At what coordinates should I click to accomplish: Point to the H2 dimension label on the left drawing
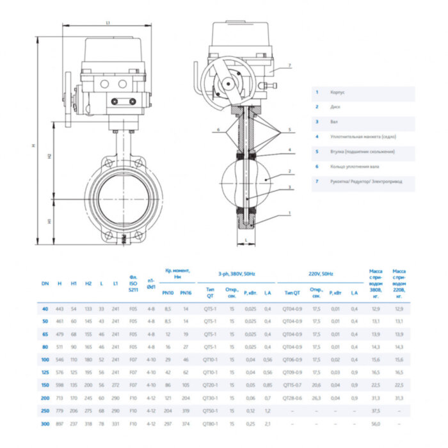(49, 156)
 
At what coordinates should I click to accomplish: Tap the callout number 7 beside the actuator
(290, 66)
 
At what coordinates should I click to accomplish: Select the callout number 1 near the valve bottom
(289, 213)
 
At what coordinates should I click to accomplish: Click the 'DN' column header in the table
(45, 283)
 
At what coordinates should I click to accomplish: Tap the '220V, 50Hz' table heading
(321, 273)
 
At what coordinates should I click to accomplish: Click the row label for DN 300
(45, 423)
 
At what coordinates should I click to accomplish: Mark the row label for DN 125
(45, 371)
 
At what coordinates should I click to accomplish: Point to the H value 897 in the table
(60, 423)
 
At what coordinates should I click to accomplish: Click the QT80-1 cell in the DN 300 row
(210, 423)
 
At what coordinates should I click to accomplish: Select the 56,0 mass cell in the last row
(376, 423)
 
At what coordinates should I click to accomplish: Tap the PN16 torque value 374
(186, 423)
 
